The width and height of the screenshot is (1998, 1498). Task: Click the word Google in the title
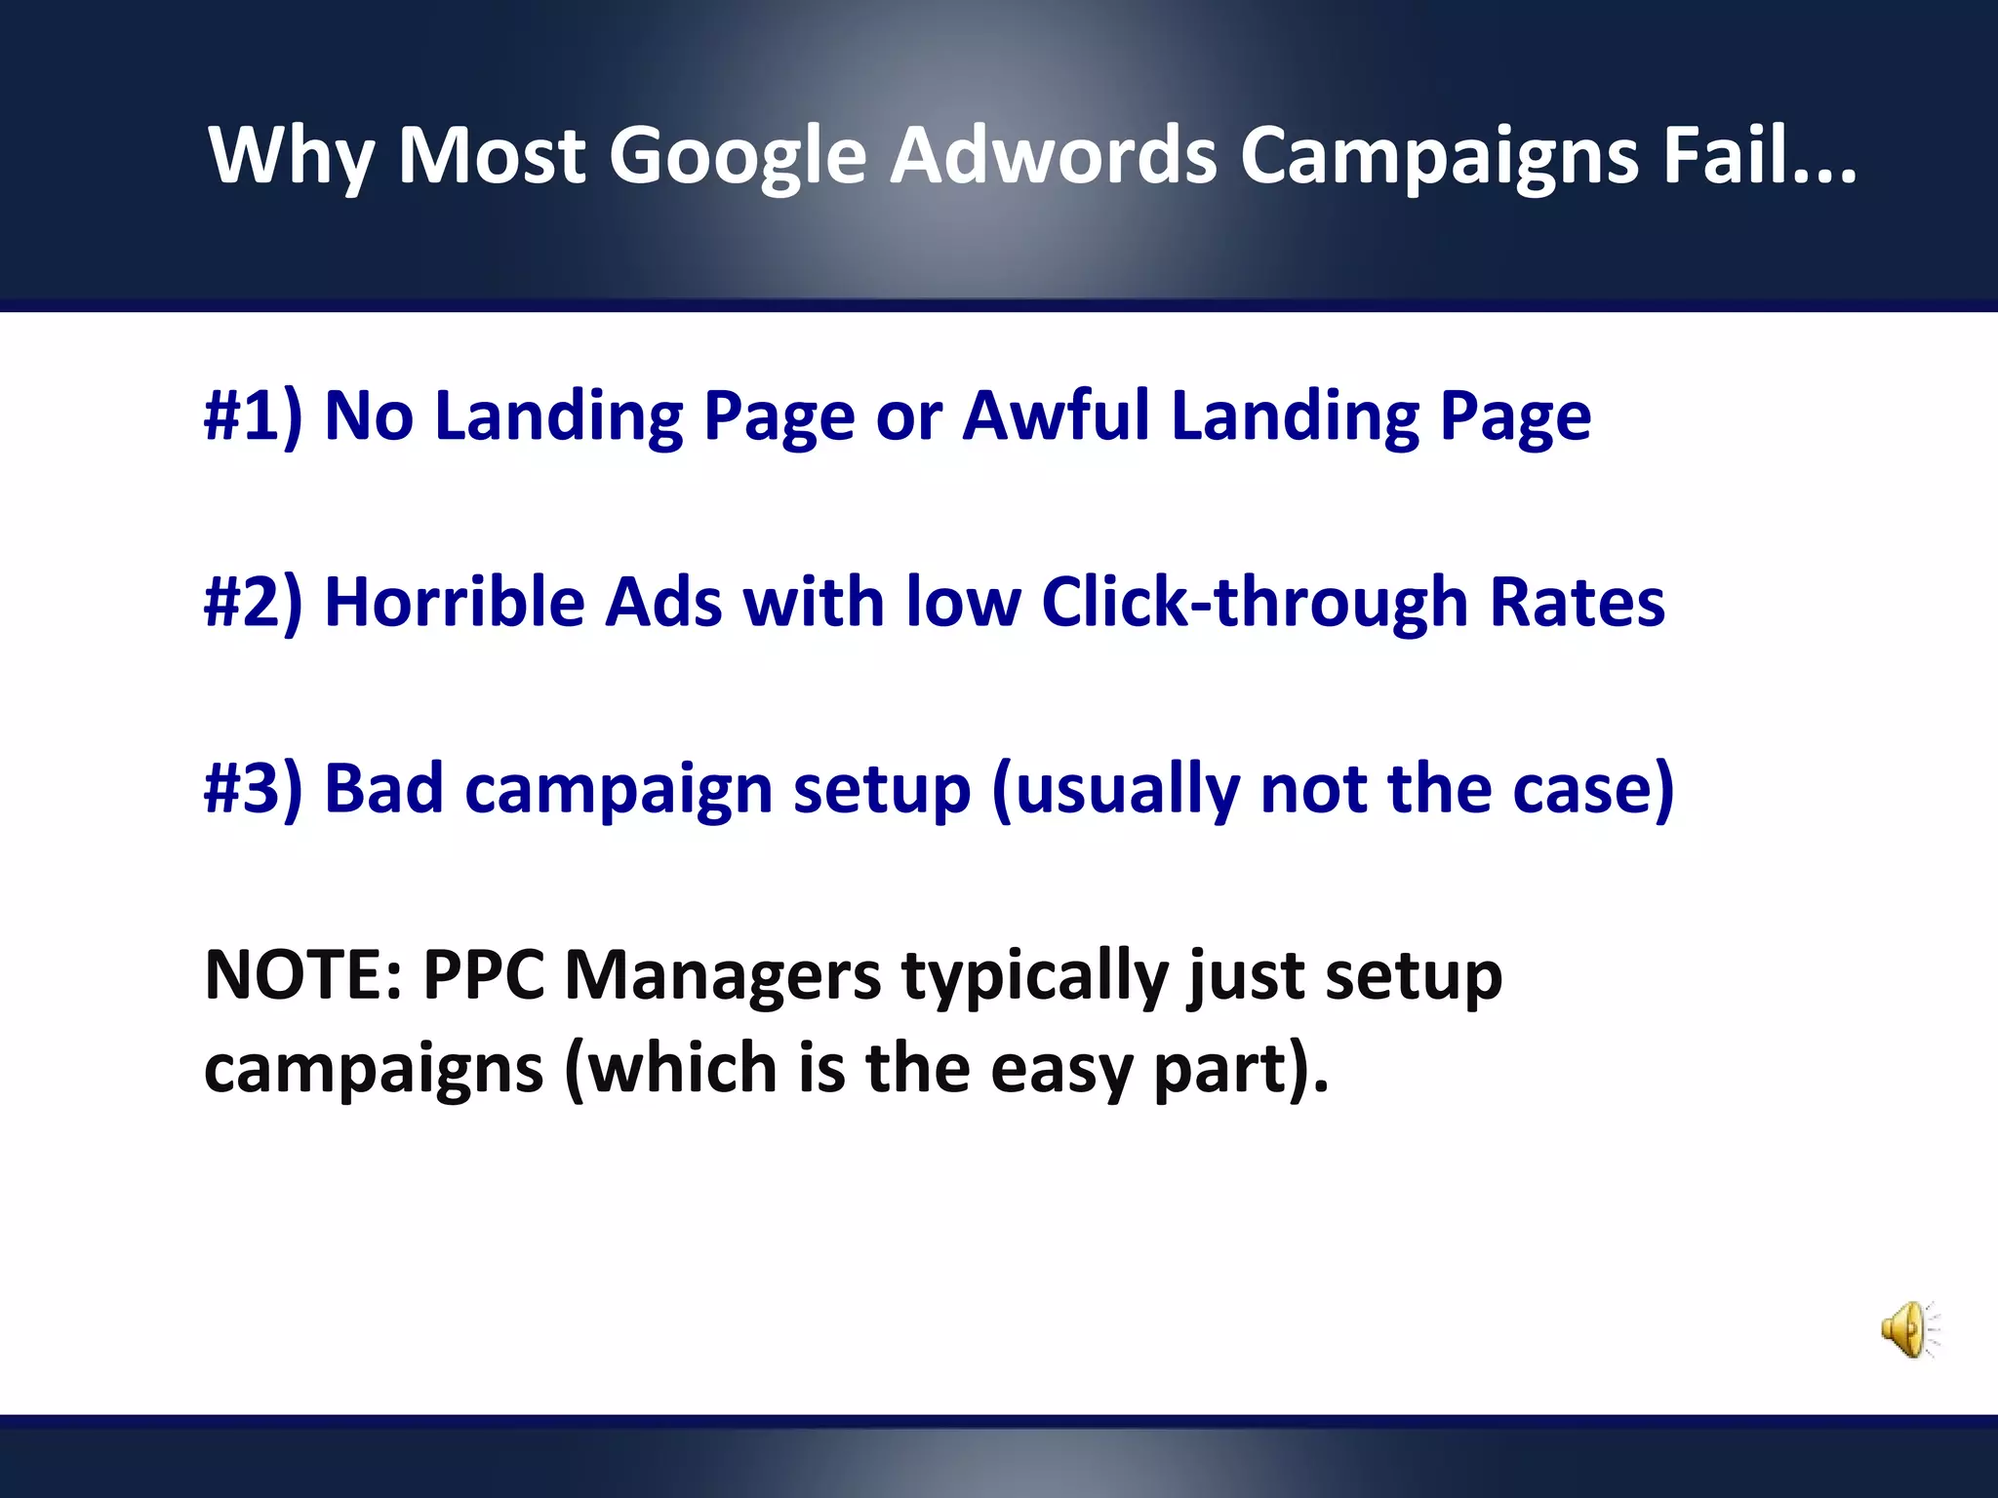click(738, 156)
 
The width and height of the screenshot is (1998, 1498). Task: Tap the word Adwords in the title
click(1054, 156)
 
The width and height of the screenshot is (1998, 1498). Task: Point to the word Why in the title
click(291, 156)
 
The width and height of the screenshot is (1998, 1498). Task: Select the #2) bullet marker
click(253, 603)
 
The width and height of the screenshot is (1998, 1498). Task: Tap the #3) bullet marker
click(253, 789)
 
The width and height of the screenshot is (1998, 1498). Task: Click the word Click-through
click(1255, 603)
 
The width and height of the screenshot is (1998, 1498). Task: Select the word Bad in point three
click(383, 789)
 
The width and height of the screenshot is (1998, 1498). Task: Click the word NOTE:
click(302, 975)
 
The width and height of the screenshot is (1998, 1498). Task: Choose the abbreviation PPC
click(484, 975)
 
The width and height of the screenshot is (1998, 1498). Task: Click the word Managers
click(723, 975)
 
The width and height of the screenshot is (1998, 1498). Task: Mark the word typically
click(1034, 975)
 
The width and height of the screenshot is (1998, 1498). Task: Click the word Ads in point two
click(663, 603)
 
